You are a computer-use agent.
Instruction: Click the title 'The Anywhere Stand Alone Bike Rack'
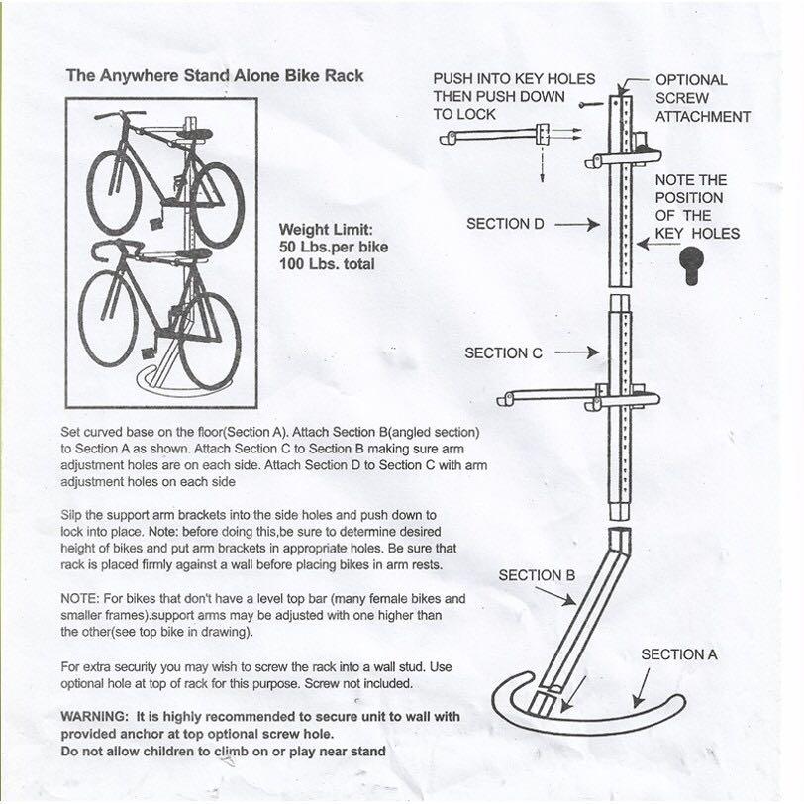[x=214, y=75]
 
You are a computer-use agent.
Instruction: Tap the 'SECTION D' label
[x=505, y=224]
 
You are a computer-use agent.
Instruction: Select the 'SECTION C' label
[x=503, y=352]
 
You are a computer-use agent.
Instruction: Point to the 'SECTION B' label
[x=537, y=575]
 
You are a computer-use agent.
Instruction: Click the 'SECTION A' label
[x=680, y=654]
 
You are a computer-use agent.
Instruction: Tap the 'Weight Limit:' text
[x=326, y=227]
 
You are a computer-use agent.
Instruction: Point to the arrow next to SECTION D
[x=578, y=225]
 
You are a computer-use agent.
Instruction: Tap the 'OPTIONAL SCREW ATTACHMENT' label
[x=702, y=98]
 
